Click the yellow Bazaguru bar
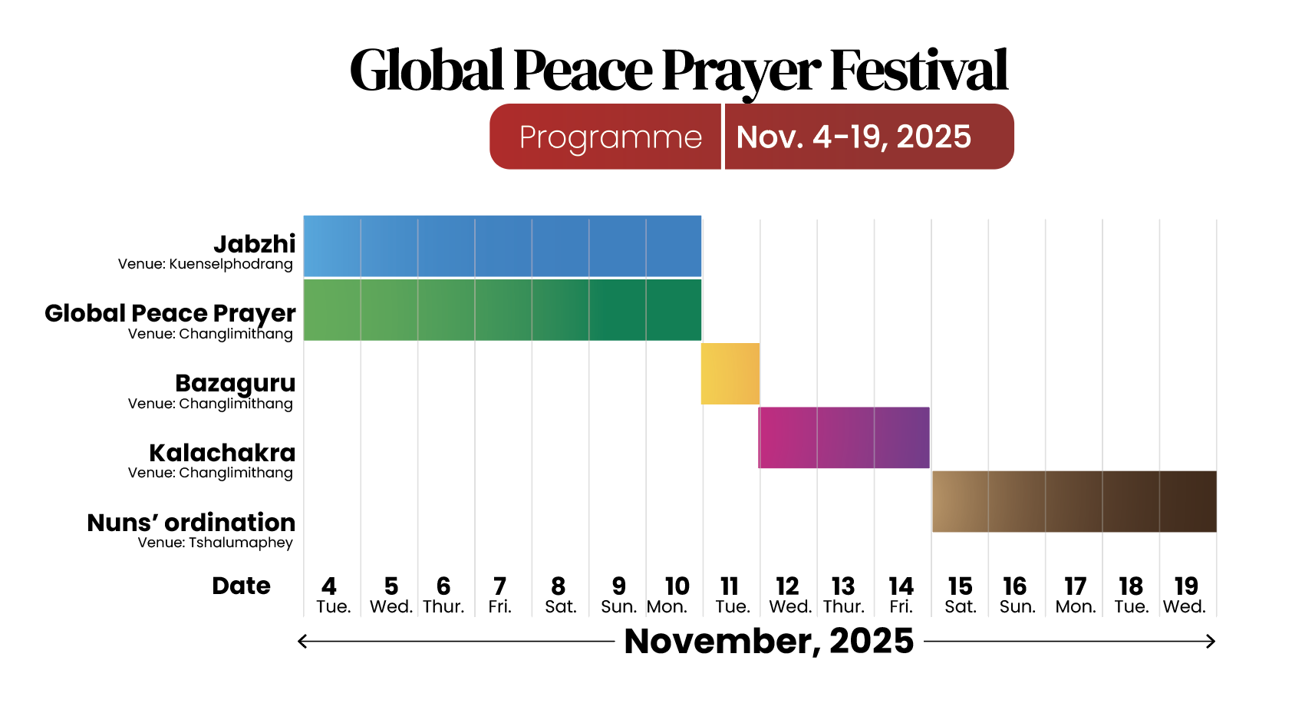[x=730, y=374]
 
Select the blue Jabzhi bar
[x=503, y=246]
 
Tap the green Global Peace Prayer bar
[x=503, y=310]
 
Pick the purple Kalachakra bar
[x=844, y=437]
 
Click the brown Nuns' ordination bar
[x=1074, y=501]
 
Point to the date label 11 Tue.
[x=732, y=596]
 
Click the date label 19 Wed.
[x=1185, y=596]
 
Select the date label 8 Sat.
[x=560, y=596]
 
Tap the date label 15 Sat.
[x=960, y=596]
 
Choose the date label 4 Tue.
[x=332, y=596]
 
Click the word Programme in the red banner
[x=610, y=137]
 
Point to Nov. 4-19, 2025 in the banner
[x=853, y=137]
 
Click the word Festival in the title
[x=918, y=71]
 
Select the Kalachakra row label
[x=222, y=453]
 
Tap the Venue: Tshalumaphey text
[x=215, y=543]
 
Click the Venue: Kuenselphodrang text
[x=205, y=264]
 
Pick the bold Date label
[x=241, y=586]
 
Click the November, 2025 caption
[x=769, y=641]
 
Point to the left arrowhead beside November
[x=302, y=641]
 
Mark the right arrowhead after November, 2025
[x=1211, y=641]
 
